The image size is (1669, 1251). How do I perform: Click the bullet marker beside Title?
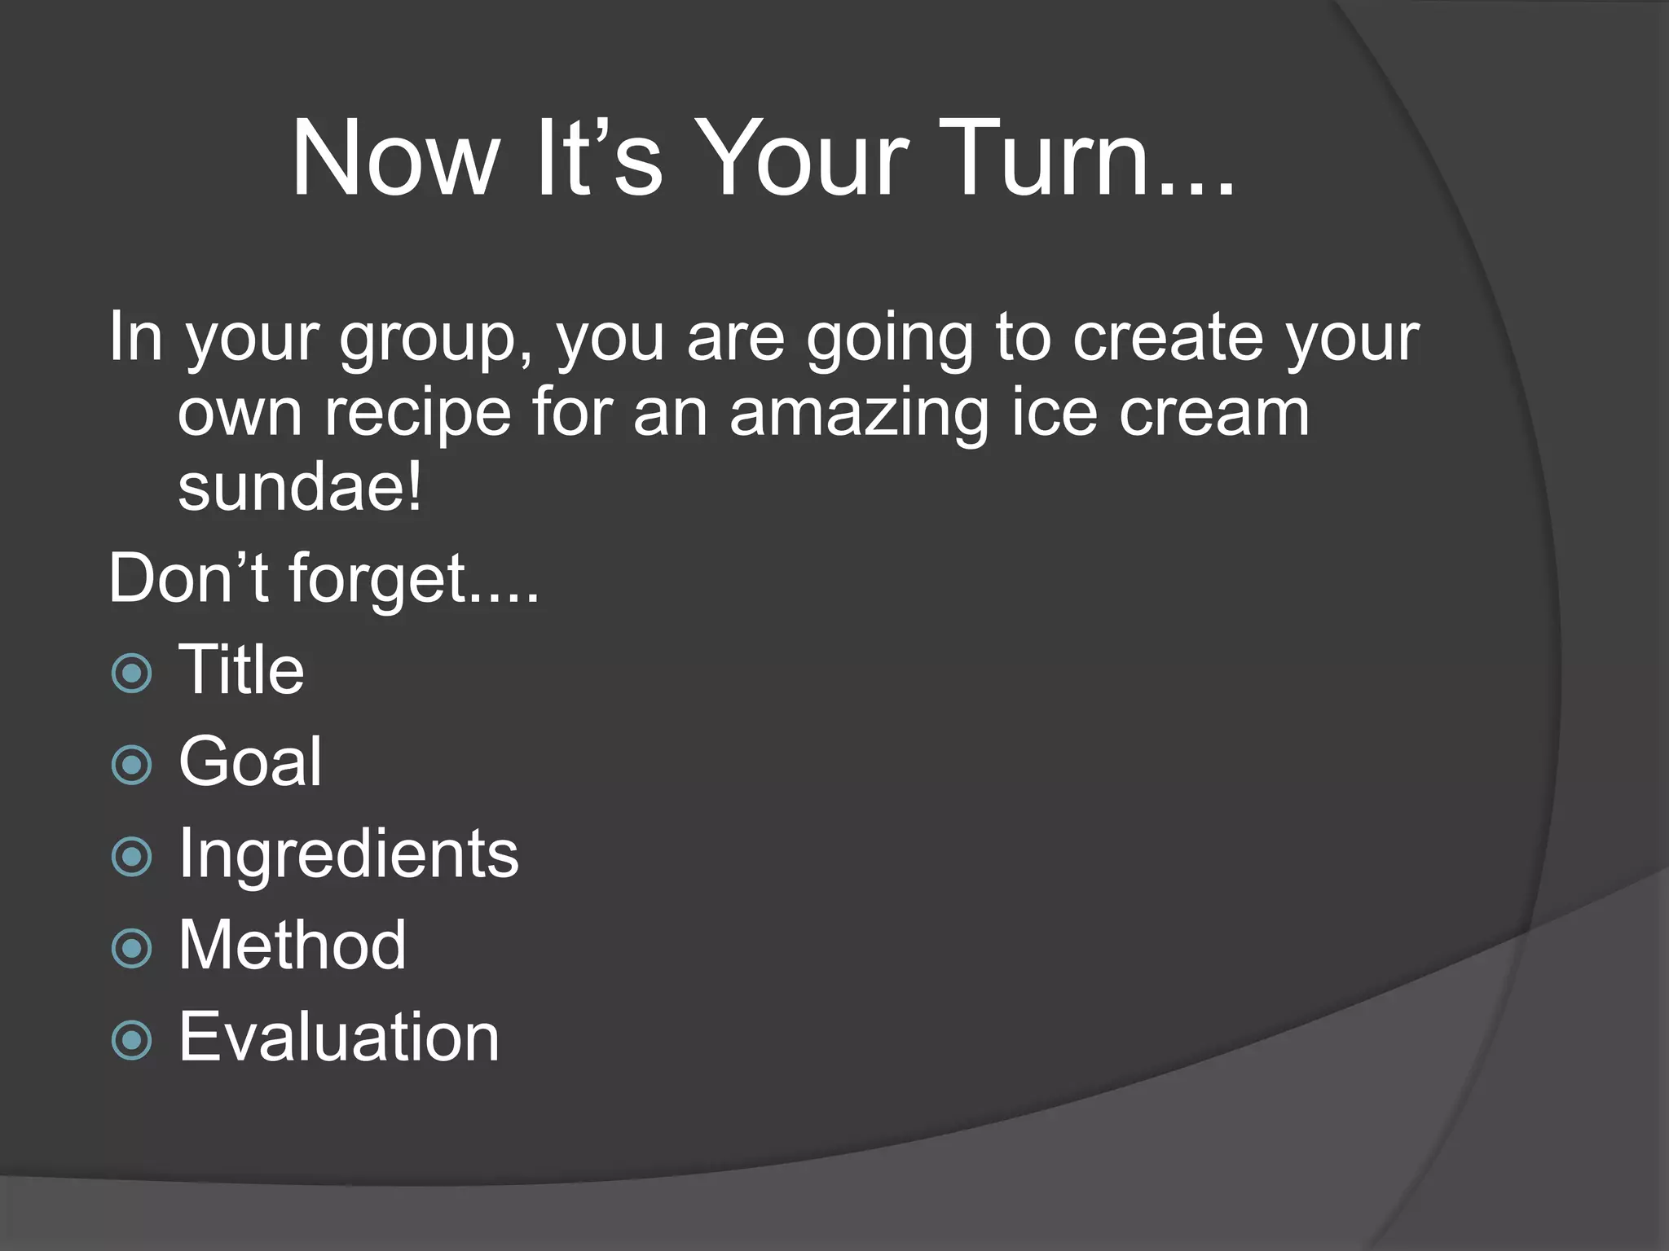(x=131, y=673)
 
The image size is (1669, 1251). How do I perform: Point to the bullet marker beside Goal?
(x=131, y=765)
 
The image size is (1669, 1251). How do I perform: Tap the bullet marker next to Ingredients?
(x=131, y=856)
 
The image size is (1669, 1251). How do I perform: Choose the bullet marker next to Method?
(x=131, y=948)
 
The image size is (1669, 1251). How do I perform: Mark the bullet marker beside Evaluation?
(x=131, y=1040)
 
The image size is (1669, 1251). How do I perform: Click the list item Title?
(x=241, y=669)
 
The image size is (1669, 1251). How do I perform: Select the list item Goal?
(x=250, y=762)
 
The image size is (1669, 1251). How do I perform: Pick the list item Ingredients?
(x=348, y=854)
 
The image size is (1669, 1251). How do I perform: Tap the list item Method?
(x=292, y=945)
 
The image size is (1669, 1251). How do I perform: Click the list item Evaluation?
(x=338, y=1037)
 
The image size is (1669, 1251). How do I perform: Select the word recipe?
(x=418, y=414)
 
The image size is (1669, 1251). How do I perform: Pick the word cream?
(x=1213, y=412)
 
